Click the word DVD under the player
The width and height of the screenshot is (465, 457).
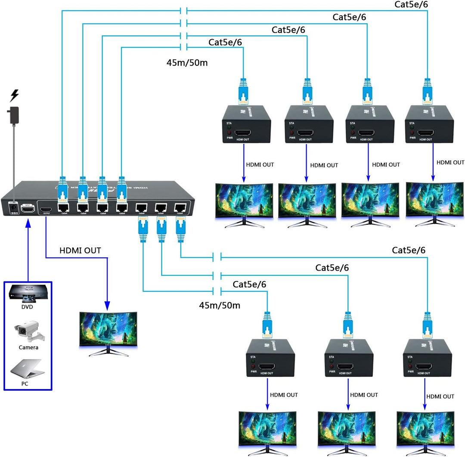pyautogui.click(x=28, y=307)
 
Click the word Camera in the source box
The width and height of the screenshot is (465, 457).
pyautogui.click(x=28, y=347)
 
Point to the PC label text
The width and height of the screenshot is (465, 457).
pyautogui.click(x=25, y=383)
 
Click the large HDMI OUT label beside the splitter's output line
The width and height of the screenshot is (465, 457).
pyautogui.click(x=80, y=250)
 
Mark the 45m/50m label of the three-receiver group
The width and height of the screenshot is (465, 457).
pyautogui.click(x=219, y=306)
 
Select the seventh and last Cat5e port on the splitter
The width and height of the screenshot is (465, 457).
pyautogui.click(x=180, y=208)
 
